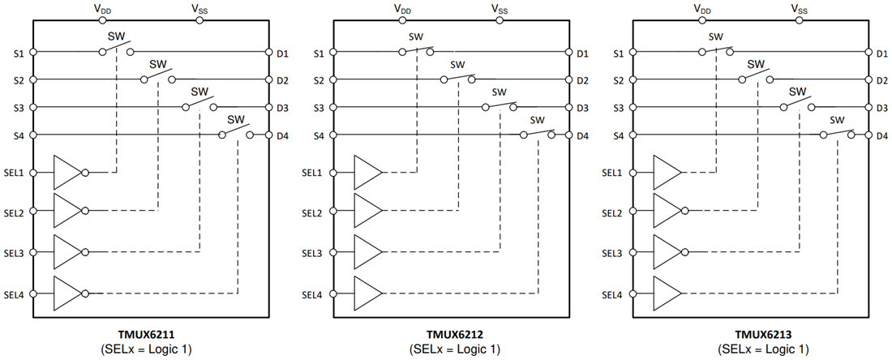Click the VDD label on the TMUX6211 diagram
(x=102, y=8)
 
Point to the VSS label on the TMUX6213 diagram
(x=800, y=8)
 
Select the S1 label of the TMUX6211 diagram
(x=19, y=53)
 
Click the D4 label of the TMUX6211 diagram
(x=282, y=135)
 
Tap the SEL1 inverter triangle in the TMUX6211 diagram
(x=67, y=172)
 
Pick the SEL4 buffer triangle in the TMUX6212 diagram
(x=368, y=293)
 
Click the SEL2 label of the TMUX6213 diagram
(x=615, y=212)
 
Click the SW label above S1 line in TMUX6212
(x=416, y=37)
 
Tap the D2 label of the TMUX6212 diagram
(x=581, y=80)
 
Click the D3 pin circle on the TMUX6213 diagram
(x=868, y=107)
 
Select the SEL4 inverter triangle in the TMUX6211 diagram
(x=67, y=293)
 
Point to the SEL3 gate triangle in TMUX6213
(x=667, y=252)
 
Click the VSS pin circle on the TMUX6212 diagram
(x=499, y=20)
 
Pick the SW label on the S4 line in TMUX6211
(x=236, y=118)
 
